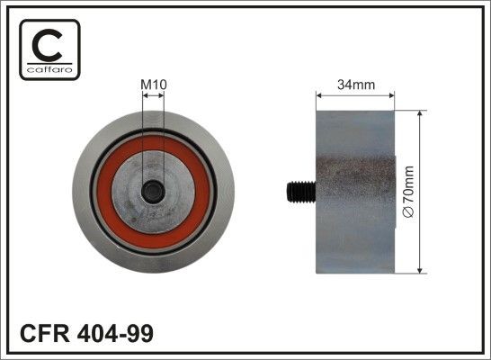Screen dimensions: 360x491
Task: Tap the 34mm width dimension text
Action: tap(354, 85)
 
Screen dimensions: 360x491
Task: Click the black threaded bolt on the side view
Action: tap(300, 191)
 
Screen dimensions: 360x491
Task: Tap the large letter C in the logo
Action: tap(49, 44)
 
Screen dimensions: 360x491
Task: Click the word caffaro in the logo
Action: tap(49, 67)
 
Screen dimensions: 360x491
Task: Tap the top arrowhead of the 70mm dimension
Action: tap(420, 114)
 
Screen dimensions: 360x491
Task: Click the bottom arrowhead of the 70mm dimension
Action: tap(420, 267)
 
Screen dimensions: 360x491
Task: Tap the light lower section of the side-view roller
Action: tap(355, 243)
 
